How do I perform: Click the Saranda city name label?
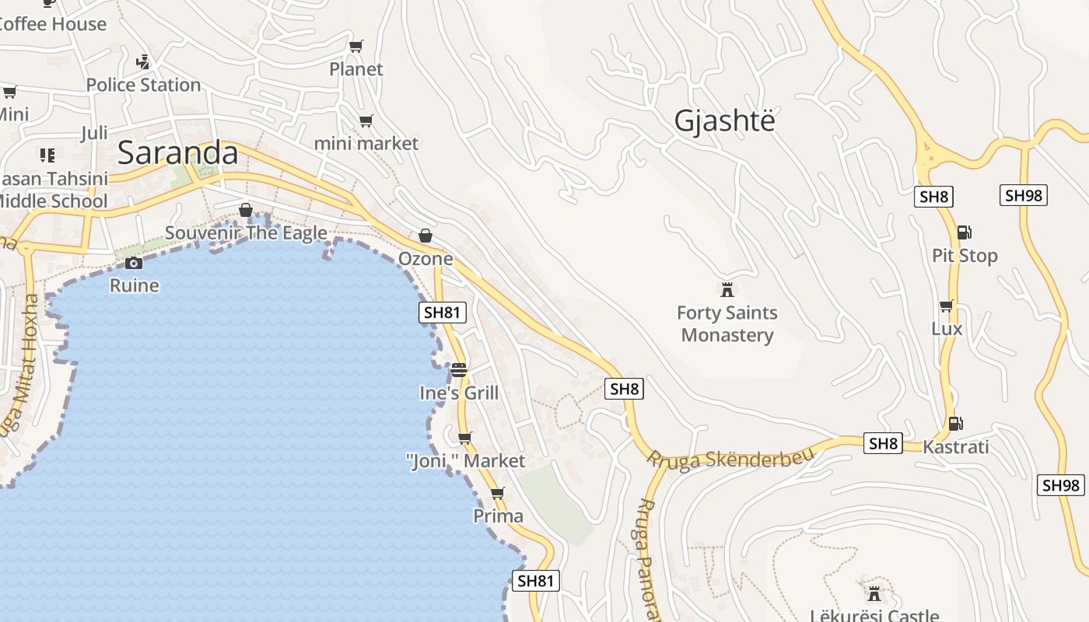point(177,153)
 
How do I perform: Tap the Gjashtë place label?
point(724,121)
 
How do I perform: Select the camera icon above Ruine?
point(134,264)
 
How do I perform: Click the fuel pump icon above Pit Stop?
point(964,232)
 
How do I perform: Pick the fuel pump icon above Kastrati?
point(955,424)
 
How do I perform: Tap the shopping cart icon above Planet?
point(356,47)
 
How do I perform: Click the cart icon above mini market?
point(366,121)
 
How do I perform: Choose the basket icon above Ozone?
point(425,236)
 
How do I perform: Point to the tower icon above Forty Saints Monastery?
point(727,290)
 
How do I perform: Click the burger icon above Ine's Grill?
point(459,370)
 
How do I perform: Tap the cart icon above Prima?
point(498,494)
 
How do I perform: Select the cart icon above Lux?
point(947,306)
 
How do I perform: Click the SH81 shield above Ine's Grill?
point(443,313)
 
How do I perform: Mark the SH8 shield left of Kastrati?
point(883,444)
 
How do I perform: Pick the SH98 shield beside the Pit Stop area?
point(1023,195)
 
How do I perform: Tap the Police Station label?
point(143,85)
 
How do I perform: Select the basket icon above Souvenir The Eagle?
point(246,210)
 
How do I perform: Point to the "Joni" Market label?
point(465,461)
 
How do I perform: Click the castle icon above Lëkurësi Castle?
point(874,593)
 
